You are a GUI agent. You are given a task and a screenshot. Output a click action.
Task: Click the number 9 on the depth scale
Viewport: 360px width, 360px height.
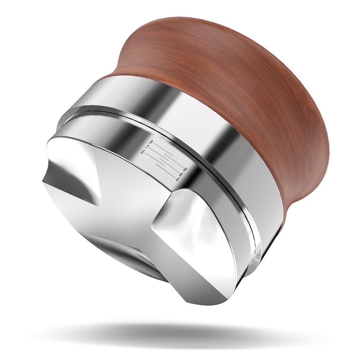[151, 142]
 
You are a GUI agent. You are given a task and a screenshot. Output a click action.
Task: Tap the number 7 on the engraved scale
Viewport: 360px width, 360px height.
[147, 147]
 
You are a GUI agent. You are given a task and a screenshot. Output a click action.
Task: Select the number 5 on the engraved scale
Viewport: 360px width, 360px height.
[143, 152]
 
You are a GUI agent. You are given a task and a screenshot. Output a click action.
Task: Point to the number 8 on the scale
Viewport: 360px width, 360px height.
[185, 170]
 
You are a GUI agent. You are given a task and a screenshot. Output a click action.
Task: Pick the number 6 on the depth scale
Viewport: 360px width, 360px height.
[181, 175]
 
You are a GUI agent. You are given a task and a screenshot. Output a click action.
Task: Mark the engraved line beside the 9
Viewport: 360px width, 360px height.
[163, 149]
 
